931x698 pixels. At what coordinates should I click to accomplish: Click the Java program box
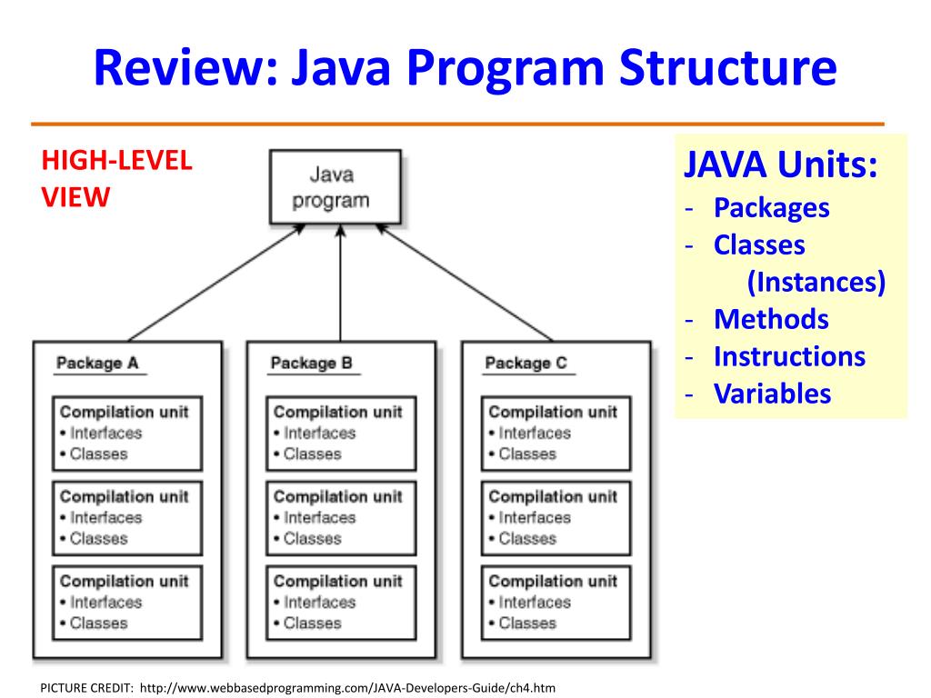click(335, 187)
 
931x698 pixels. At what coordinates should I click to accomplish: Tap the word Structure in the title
click(728, 67)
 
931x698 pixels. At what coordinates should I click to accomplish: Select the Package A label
click(97, 363)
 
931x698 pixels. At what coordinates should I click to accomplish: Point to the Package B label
click(312, 363)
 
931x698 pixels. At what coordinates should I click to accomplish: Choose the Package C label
click(526, 363)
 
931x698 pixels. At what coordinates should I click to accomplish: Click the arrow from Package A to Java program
click(216, 283)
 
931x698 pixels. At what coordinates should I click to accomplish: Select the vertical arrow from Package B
click(340, 284)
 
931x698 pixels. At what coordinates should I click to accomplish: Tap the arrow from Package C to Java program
click(465, 283)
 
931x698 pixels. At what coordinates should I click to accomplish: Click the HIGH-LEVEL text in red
click(117, 161)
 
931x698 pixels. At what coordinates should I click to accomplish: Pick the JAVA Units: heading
click(781, 165)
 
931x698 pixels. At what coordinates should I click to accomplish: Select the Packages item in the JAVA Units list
click(771, 208)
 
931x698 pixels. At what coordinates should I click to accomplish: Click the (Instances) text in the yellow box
click(816, 282)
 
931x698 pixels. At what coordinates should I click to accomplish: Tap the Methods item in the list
click(771, 319)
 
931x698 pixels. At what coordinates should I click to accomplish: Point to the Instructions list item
click(790, 356)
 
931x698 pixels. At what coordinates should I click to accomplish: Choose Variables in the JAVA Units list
click(773, 394)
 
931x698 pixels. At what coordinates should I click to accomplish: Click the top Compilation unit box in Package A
click(127, 434)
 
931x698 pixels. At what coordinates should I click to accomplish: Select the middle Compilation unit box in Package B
click(342, 518)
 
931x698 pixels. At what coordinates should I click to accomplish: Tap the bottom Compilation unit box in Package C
click(556, 603)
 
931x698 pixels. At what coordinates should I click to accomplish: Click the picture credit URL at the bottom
click(348, 688)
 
